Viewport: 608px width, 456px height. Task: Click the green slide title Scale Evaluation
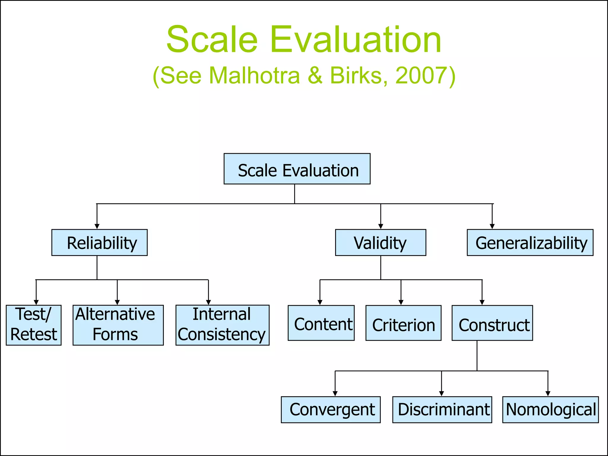[x=304, y=39]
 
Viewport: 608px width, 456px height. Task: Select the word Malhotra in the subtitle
[x=254, y=75]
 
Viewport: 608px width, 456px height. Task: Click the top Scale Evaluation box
[x=297, y=169]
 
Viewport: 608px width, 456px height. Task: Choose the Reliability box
[x=99, y=243]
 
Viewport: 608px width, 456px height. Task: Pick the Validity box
[x=381, y=243]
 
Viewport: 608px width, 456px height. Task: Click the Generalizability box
[x=530, y=243]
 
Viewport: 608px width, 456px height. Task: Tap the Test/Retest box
[x=34, y=325]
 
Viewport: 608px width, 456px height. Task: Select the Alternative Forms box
[x=118, y=325]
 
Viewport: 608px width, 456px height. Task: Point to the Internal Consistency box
[x=222, y=325]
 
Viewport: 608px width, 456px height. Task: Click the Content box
[x=321, y=323]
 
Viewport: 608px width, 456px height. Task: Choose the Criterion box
[x=403, y=323]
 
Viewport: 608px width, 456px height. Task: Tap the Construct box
[x=492, y=323]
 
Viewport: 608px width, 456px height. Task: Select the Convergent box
[x=331, y=410]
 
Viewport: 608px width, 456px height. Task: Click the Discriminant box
[x=442, y=410]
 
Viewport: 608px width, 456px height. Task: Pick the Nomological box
[x=550, y=410]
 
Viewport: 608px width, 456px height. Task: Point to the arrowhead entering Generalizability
[x=492, y=227]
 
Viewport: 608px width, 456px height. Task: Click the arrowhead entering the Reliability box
[x=97, y=227]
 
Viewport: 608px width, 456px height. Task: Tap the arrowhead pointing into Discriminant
[x=441, y=394]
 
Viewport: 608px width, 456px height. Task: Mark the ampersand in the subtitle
[x=315, y=75]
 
